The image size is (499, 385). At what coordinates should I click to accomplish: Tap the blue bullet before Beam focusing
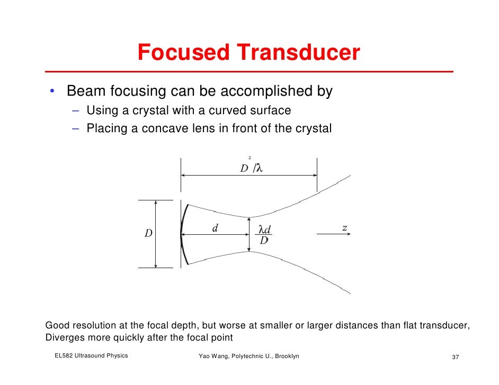point(52,92)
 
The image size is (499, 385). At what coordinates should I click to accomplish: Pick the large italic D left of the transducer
point(149,234)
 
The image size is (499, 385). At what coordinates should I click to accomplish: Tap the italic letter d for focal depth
point(215,228)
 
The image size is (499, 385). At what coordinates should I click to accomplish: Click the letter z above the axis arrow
point(344,228)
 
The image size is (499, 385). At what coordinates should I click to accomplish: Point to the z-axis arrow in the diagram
point(333,234)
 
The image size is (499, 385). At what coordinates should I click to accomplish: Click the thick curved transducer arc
point(183,234)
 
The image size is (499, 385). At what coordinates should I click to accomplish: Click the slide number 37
point(455,356)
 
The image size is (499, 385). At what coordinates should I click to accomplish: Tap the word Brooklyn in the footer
point(287,356)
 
